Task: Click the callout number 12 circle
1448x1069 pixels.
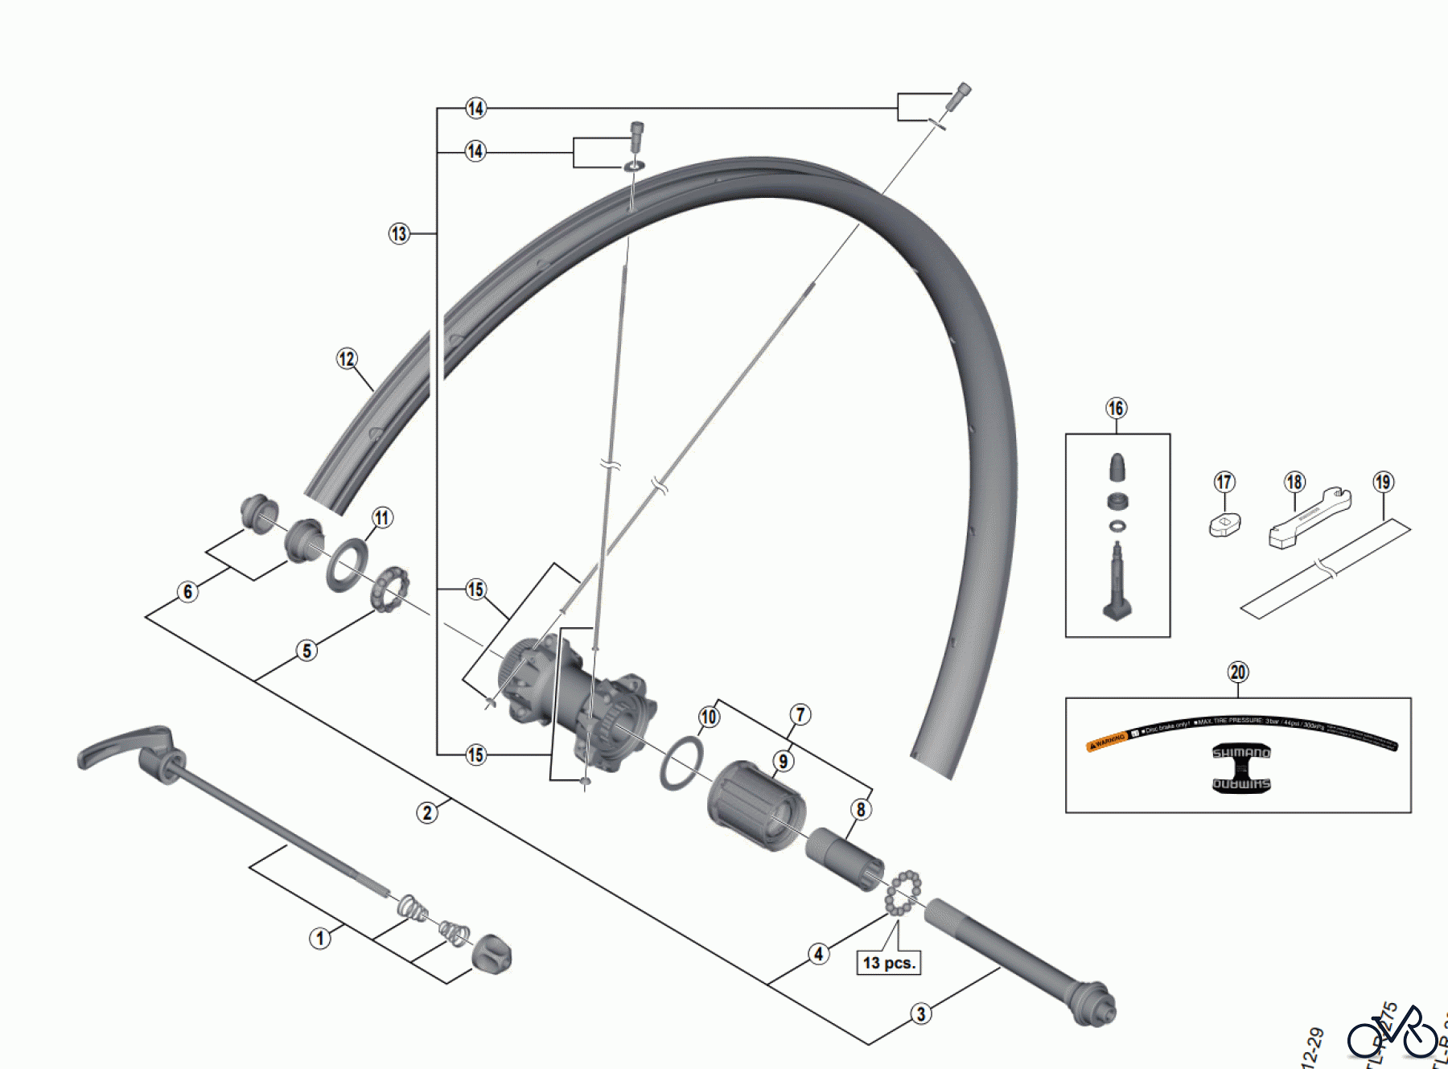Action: [347, 359]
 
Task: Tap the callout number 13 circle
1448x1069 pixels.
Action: [399, 234]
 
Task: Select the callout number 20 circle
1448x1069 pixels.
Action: [1237, 672]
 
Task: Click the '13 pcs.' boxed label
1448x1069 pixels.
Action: [889, 963]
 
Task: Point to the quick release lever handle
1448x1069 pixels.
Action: [121, 746]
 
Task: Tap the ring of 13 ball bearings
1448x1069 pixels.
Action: [903, 893]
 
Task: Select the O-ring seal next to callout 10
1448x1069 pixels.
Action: [681, 763]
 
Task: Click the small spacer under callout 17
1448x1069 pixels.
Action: [1224, 525]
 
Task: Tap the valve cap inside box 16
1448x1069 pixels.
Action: [1117, 467]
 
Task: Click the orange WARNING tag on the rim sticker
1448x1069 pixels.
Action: [1107, 741]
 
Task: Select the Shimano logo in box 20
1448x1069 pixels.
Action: [1241, 768]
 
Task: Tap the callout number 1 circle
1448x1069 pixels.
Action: [320, 938]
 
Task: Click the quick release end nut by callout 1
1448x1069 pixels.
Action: [491, 955]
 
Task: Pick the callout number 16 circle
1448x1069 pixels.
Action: [1116, 409]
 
